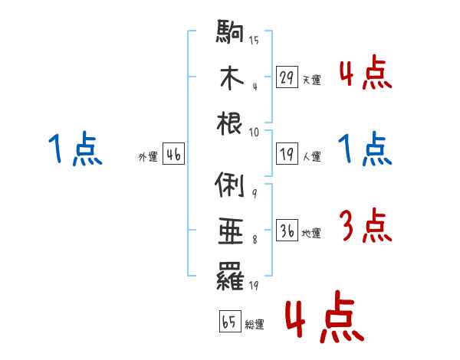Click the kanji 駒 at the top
click(230, 33)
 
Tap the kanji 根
click(230, 124)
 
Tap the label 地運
click(311, 234)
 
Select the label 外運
click(148, 157)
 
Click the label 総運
click(254, 324)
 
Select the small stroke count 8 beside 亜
click(254, 240)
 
